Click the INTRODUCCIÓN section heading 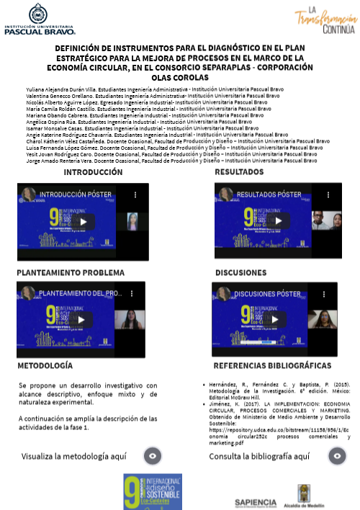point(93,173)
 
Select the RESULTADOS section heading point(239,173)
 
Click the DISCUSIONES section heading point(241,274)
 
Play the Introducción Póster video point(83,222)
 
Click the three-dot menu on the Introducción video point(135,194)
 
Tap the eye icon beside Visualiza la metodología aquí point(153,456)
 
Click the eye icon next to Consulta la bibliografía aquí point(337,456)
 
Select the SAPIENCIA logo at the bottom point(256,502)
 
